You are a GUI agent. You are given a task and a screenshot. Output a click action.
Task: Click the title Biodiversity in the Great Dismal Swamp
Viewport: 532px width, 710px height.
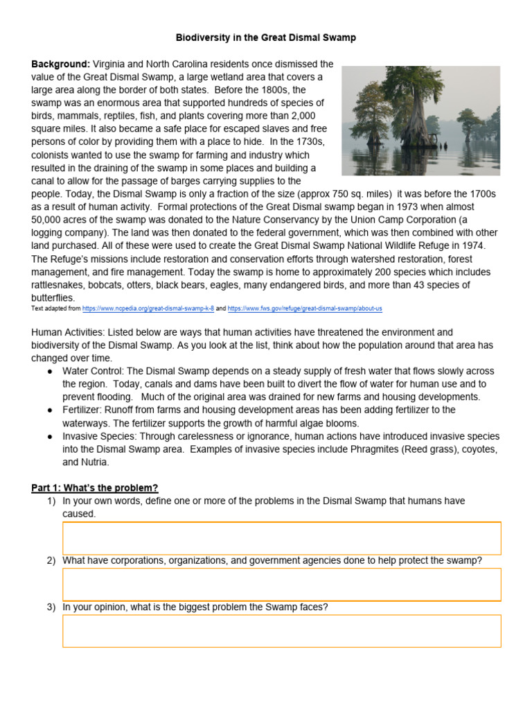click(266, 37)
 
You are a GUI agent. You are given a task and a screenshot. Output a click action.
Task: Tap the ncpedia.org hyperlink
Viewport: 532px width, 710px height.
click(148, 308)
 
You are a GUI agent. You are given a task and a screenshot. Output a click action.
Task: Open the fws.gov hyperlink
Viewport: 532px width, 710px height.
click(305, 308)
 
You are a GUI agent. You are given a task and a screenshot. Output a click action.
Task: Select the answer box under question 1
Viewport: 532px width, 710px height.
click(281, 539)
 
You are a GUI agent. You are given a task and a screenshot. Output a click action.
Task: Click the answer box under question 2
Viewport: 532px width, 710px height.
click(281, 584)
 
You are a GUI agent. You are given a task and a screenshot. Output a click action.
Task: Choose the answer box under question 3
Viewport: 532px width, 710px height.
click(281, 630)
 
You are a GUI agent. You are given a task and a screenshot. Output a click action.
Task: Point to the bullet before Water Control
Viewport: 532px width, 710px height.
click(51, 371)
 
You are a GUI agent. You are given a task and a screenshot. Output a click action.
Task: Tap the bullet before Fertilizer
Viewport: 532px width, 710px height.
click(51, 410)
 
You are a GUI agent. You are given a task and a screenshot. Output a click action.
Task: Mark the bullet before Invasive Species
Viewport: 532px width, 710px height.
click(51, 437)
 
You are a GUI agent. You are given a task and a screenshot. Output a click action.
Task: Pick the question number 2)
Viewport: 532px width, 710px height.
click(51, 560)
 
